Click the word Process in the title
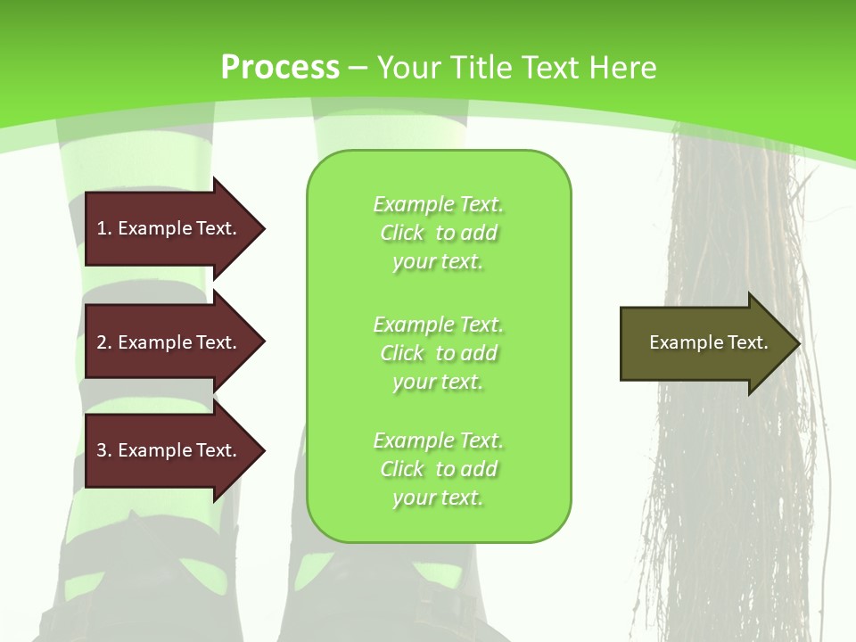click(x=280, y=68)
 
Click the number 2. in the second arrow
click(x=104, y=342)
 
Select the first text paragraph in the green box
click(x=438, y=233)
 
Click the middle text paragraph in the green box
click(x=438, y=353)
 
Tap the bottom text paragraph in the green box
click(x=438, y=469)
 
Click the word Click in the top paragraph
click(x=402, y=233)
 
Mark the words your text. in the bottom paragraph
click(x=438, y=498)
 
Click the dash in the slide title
click(x=358, y=68)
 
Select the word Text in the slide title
click(x=551, y=68)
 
